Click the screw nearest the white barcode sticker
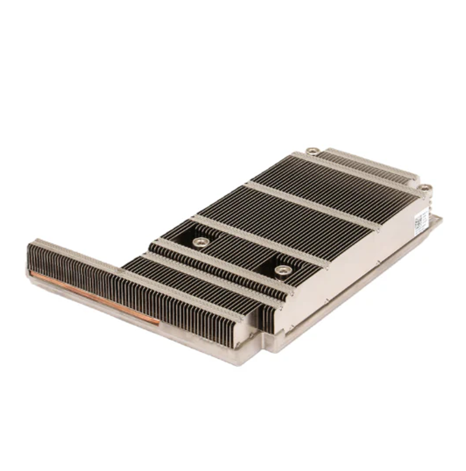click(x=425, y=188)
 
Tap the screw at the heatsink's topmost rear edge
click(x=312, y=151)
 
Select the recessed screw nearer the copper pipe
click(x=200, y=242)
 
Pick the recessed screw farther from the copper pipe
click(x=283, y=270)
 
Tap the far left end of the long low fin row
click(x=30, y=256)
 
